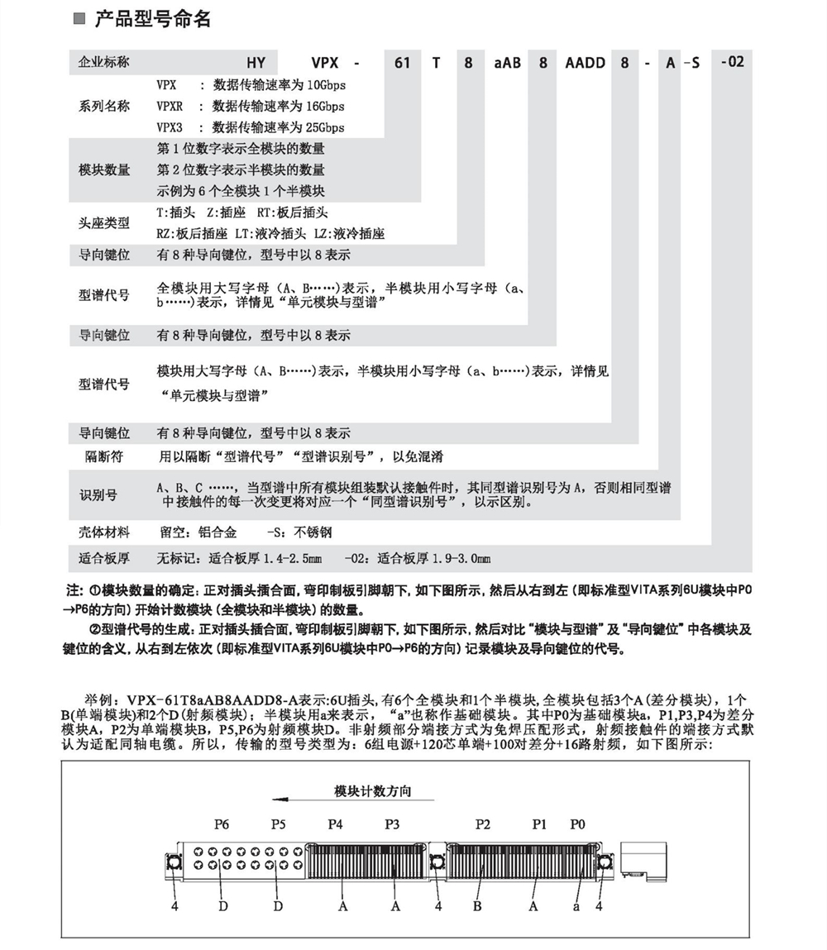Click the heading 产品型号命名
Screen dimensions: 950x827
[x=152, y=20]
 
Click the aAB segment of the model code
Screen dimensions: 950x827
[x=506, y=62]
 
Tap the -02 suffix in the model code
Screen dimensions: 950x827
[x=732, y=61]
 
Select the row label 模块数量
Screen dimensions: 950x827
[x=104, y=170]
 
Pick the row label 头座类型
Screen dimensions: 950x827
[x=104, y=223]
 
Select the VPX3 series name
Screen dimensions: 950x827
[x=169, y=127]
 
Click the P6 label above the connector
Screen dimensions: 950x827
[x=221, y=824]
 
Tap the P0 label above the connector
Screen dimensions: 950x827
[x=577, y=824]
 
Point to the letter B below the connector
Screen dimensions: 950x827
[x=477, y=906]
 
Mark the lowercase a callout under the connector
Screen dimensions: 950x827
[x=577, y=906]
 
